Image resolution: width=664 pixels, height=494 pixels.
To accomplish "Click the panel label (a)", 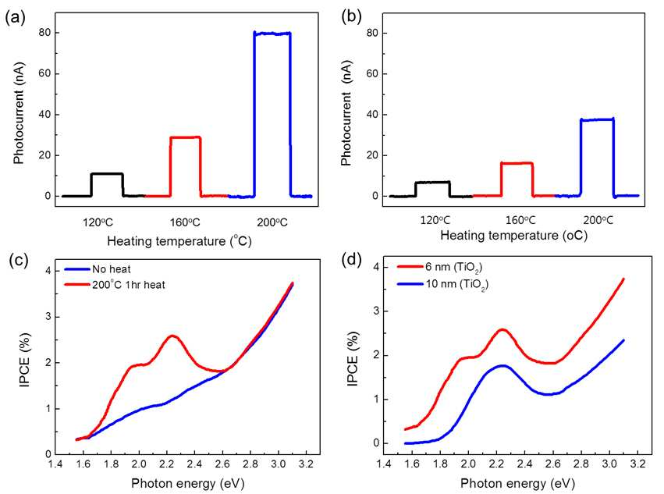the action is [16, 17].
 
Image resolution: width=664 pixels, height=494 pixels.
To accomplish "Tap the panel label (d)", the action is [351, 259].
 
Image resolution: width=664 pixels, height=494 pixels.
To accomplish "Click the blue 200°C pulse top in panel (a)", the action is [272, 33].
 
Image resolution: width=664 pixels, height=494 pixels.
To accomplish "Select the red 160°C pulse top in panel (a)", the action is [186, 137].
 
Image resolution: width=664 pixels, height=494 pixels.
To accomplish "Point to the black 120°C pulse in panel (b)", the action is [432, 182].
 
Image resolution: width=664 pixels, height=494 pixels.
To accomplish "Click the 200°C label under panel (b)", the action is [598, 220].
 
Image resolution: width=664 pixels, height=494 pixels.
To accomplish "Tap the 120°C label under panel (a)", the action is [98, 222].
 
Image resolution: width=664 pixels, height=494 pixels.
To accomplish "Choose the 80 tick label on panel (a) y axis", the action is [45, 33].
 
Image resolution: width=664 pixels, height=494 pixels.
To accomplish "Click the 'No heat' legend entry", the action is [98, 269].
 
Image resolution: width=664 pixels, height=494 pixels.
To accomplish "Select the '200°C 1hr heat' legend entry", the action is [115, 284].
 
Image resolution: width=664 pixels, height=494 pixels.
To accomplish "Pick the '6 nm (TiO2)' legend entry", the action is [439, 268].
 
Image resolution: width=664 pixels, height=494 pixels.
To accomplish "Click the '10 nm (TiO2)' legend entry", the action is [442, 284].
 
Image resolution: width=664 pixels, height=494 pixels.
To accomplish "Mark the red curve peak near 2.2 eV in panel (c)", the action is [172, 336].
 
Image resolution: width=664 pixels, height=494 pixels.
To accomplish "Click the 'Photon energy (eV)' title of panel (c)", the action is [187, 483].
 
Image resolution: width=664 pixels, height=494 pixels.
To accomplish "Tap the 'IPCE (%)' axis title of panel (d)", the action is [353, 359].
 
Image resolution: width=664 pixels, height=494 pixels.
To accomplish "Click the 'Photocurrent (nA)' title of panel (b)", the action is [346, 113].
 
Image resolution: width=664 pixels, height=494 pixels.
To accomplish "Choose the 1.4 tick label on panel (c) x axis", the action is [55, 464].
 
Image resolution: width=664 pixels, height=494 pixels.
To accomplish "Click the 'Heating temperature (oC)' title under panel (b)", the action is [513, 235].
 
